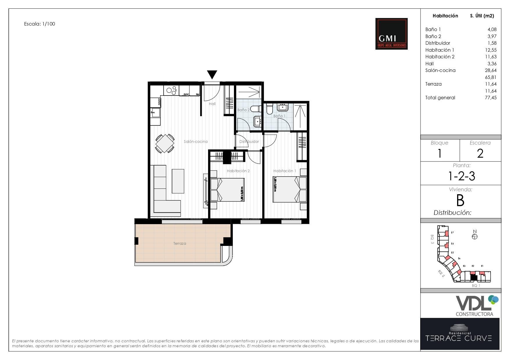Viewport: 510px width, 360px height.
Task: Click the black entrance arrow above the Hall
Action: (212, 74)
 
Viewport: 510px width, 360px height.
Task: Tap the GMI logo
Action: (391, 34)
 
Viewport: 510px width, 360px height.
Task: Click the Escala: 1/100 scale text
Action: (40, 24)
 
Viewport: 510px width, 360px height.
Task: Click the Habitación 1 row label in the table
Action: (439, 50)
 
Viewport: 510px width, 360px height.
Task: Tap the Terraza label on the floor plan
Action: (180, 244)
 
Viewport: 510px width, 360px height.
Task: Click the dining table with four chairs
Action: (165, 143)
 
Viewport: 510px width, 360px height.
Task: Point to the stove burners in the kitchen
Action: (171, 90)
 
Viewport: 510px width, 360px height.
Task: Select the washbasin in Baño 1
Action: (282, 107)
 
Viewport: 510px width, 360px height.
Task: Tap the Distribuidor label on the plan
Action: (249, 142)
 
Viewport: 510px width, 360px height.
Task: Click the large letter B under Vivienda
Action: (460, 201)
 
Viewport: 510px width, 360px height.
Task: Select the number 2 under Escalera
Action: (480, 154)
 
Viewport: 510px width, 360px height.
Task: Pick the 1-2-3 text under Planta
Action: (461, 176)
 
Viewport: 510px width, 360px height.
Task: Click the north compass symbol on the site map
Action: (475, 236)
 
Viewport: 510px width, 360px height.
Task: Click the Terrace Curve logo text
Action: (459, 338)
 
